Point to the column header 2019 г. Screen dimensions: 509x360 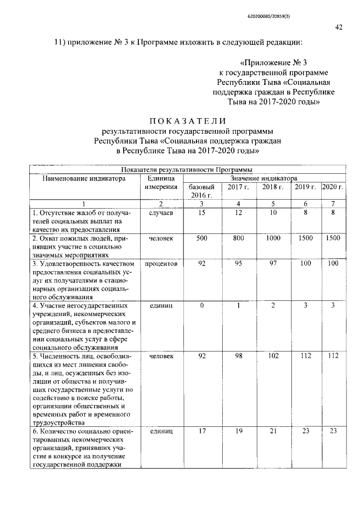tap(305, 187)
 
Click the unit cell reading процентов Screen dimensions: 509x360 tap(161, 263)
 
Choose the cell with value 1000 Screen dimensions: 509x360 tap(273, 238)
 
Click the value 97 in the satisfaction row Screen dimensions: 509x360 tap(273, 263)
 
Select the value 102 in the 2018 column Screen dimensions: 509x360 tap(273, 355)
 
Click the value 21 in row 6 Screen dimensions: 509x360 tap(273, 431)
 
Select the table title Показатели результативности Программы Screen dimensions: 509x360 tap(186, 169)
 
